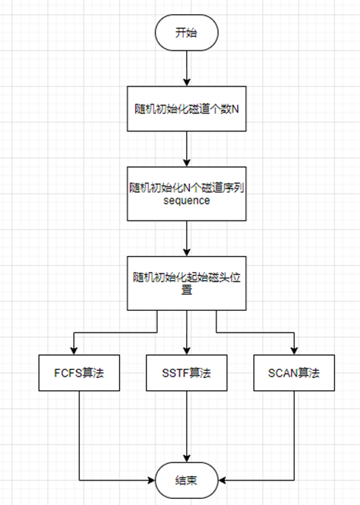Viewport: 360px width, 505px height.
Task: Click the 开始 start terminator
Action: (x=187, y=33)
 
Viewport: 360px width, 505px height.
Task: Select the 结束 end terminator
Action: (x=187, y=479)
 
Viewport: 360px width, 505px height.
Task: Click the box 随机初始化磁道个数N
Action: (x=187, y=107)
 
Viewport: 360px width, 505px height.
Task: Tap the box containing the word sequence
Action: (x=187, y=194)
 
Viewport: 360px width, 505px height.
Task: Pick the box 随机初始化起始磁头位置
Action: (x=187, y=281)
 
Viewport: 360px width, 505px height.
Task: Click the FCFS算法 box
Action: (x=79, y=371)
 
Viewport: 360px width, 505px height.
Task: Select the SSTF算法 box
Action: (x=187, y=371)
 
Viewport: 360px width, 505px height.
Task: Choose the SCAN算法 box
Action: (x=294, y=371)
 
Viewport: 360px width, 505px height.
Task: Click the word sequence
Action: (x=187, y=201)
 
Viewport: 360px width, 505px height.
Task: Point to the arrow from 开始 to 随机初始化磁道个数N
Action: (x=187, y=67)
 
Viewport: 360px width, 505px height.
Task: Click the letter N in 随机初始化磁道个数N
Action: (x=235, y=107)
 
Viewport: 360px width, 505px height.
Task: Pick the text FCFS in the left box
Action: (x=67, y=371)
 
